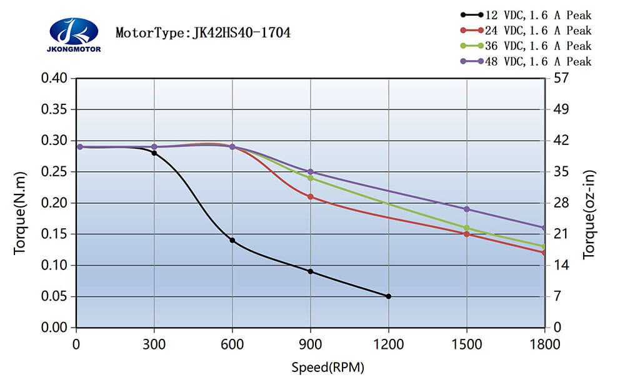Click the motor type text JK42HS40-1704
203,33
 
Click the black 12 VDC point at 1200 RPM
389,296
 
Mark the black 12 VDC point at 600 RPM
232,240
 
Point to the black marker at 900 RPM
311,271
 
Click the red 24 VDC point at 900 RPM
311,197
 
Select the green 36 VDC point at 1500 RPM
467,228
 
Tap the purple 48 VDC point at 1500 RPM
467,209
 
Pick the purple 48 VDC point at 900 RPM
311,171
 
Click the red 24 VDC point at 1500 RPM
467,234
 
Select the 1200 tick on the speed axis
389,344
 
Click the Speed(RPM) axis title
327,367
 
